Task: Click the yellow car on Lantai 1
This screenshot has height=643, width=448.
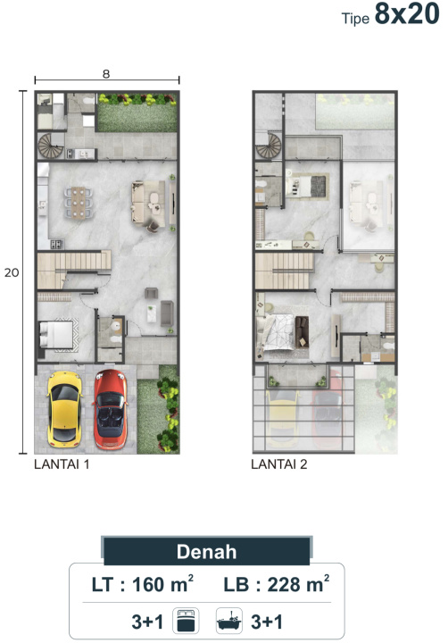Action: tap(64, 409)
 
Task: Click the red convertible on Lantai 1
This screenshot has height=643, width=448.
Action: tap(111, 408)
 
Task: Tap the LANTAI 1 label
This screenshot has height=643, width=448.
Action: tap(62, 464)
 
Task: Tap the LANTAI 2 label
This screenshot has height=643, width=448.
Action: tap(279, 464)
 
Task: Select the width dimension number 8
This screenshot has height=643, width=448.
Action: tap(106, 74)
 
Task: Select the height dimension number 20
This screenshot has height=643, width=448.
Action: tap(12, 272)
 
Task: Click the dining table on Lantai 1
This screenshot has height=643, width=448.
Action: tap(79, 203)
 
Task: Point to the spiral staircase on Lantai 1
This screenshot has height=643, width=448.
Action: tap(50, 146)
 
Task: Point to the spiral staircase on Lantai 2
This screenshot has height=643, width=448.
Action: tap(269, 146)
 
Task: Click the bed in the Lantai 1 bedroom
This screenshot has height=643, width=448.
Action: tap(56, 335)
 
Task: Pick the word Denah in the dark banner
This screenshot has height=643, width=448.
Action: tap(206, 552)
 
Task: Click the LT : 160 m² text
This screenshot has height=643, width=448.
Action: tap(142, 584)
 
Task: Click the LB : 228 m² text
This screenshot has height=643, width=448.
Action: tap(277, 584)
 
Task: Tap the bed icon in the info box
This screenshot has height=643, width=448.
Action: tap(186, 621)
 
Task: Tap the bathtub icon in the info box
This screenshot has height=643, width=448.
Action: tap(229, 621)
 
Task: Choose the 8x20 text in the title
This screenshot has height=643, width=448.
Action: tap(407, 14)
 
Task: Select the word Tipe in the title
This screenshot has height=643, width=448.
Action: tap(355, 19)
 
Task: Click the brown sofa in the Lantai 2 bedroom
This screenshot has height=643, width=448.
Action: tap(302, 332)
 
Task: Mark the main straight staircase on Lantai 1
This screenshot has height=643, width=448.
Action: tap(74, 269)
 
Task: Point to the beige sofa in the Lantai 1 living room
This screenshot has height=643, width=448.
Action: tap(139, 202)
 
